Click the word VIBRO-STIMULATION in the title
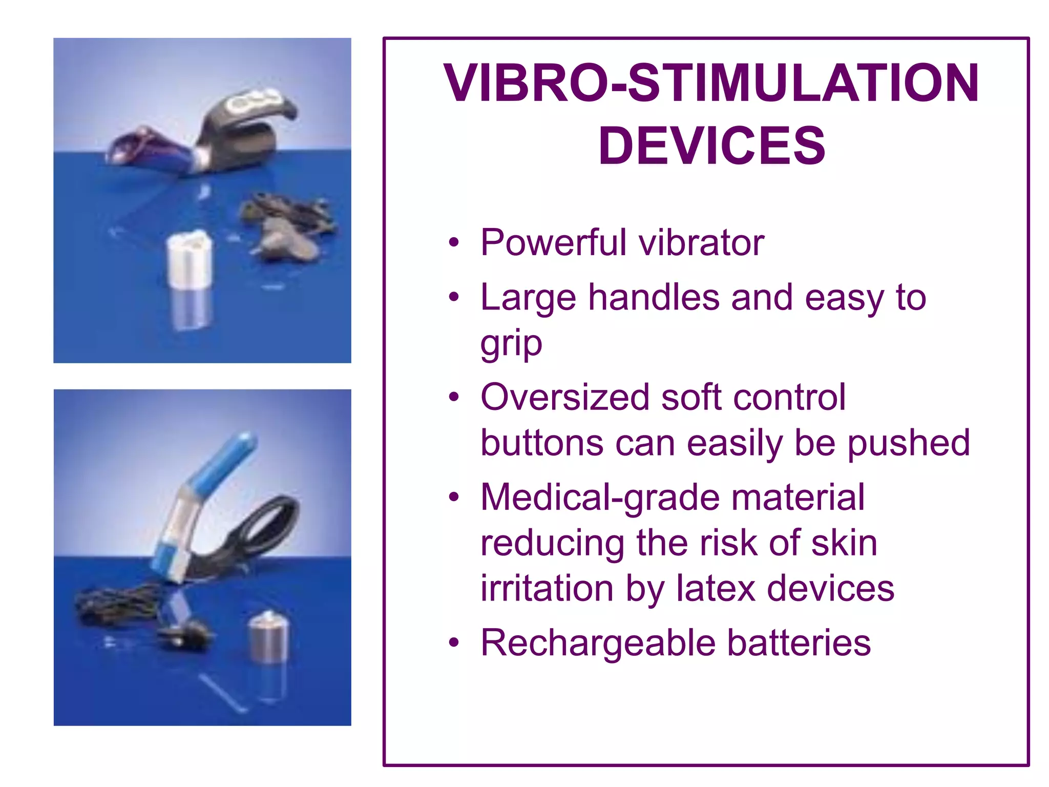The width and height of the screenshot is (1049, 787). click(711, 83)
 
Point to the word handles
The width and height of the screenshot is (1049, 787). click(654, 298)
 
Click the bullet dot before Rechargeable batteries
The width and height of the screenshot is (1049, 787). click(453, 643)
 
